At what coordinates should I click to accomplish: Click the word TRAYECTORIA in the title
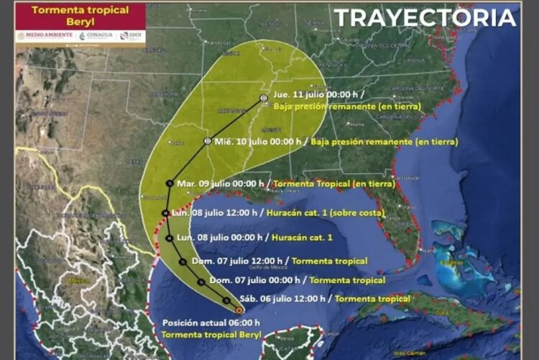[425, 18]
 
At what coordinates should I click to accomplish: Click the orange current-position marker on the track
[239, 310]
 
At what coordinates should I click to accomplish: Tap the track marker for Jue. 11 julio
[263, 97]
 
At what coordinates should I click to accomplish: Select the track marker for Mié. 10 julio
[207, 141]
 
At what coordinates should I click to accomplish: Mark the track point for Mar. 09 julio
[169, 184]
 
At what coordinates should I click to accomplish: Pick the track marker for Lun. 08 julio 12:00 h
[165, 213]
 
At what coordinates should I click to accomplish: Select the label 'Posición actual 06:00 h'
[211, 323]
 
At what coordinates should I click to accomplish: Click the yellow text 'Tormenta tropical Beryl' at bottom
[211, 336]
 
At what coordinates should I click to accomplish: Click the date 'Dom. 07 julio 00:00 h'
[255, 279]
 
